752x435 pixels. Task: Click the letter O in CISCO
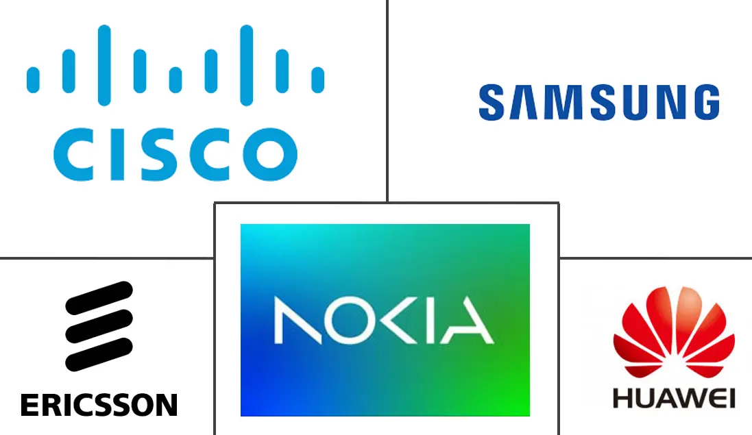point(270,154)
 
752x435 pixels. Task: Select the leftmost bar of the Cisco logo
point(33,79)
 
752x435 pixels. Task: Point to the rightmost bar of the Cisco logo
point(318,79)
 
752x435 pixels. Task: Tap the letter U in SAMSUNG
point(636,103)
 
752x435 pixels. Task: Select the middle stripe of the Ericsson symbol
point(99,326)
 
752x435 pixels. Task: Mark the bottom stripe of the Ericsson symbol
point(99,355)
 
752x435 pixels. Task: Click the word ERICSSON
point(99,405)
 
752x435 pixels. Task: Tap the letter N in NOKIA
point(298,320)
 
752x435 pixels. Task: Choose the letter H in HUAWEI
point(622,399)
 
